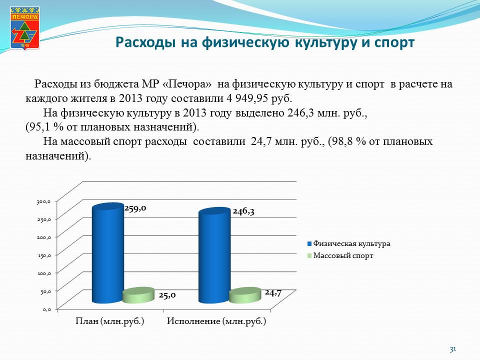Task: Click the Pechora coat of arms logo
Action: tap(24, 28)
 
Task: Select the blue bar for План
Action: tap(108, 253)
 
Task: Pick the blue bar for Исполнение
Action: tap(214, 255)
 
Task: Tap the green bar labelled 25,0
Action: tap(138, 295)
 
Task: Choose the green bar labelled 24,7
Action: tap(245, 295)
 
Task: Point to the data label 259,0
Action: tap(135, 208)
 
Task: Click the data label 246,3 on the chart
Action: tap(243, 211)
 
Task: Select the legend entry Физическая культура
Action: tap(348, 243)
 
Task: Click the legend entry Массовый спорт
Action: tap(340, 255)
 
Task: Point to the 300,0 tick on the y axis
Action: tap(43, 201)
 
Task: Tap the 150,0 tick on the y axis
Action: tap(44, 255)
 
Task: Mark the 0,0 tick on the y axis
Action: tap(46, 309)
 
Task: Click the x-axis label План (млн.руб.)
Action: tap(110, 321)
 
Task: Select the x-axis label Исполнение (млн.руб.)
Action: tap(216, 321)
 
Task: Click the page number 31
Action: tap(453, 349)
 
